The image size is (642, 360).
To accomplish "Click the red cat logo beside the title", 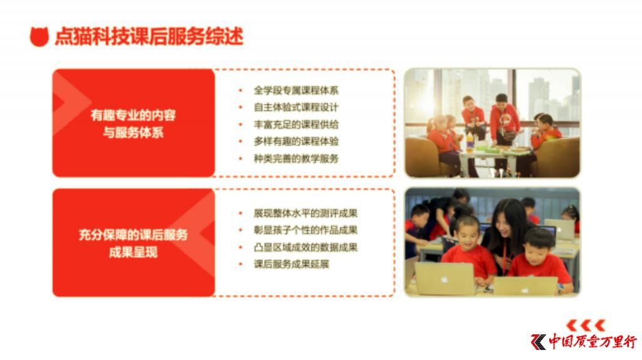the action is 39,36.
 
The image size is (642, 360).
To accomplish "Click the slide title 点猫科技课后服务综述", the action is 149,36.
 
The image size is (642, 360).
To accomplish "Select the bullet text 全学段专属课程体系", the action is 296,90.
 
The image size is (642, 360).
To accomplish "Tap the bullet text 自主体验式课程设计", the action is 296,107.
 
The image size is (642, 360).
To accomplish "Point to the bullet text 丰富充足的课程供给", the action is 296,125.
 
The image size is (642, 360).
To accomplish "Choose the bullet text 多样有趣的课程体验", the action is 296,141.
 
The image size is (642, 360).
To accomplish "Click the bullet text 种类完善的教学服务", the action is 296,159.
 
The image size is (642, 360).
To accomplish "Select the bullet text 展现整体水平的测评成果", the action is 305,213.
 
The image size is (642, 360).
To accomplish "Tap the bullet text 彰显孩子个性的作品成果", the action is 305,230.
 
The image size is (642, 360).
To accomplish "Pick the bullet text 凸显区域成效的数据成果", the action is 305,247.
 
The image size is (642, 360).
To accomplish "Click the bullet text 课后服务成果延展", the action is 292,264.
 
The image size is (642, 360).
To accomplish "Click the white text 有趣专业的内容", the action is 133,115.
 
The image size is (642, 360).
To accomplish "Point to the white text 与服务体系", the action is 133,133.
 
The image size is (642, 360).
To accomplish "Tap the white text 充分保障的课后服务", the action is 133,235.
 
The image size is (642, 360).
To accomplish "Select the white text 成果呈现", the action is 133,252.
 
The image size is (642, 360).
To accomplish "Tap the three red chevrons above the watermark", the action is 586,326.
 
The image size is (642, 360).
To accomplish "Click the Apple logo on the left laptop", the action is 445,280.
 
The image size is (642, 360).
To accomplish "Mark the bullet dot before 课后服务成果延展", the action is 241,264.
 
